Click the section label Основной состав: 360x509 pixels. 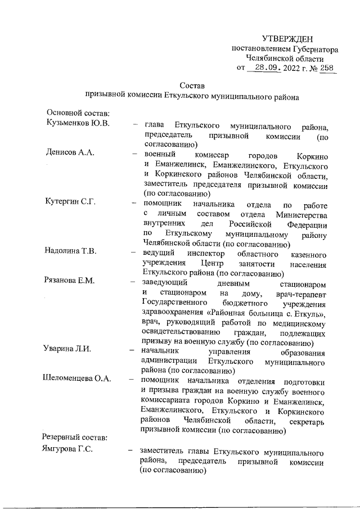(74, 113)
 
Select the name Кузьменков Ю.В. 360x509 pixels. (78, 123)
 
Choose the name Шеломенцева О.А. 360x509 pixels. (79, 379)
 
